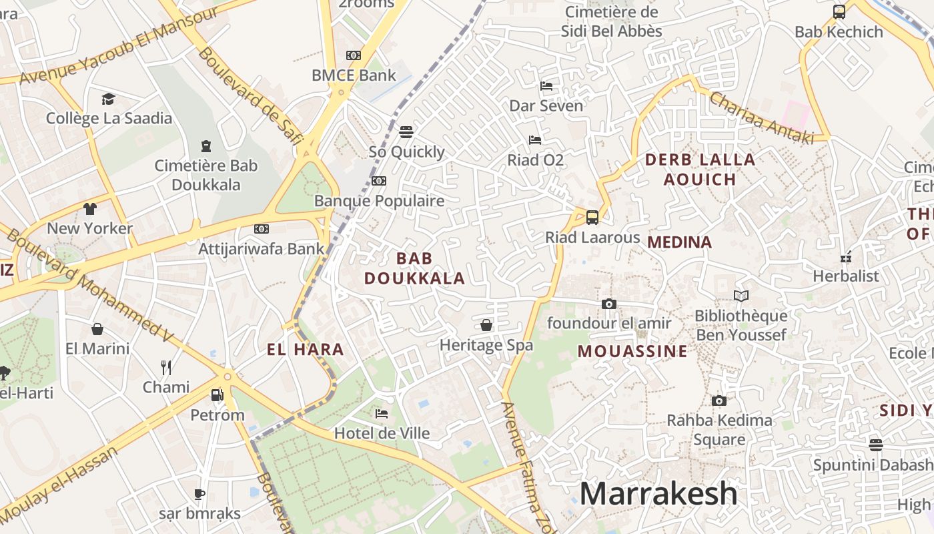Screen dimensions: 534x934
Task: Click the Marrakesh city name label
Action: click(658, 494)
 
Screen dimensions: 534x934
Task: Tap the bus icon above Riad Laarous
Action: click(592, 217)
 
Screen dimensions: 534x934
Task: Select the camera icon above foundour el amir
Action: click(608, 304)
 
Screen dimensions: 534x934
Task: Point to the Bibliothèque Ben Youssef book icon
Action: click(741, 296)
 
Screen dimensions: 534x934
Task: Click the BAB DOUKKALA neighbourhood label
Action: click(414, 268)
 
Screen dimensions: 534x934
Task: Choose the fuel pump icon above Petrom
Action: click(217, 395)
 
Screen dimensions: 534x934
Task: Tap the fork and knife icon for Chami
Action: click(166, 367)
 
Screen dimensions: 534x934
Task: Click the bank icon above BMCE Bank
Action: click(354, 55)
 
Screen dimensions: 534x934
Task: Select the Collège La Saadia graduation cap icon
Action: click(109, 99)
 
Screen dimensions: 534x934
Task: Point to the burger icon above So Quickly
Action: click(406, 132)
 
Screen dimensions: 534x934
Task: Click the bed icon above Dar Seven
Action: click(546, 86)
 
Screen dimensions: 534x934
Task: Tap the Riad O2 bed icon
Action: click(535, 140)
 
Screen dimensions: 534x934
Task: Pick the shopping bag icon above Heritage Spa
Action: click(486, 325)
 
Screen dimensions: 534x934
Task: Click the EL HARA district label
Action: click(306, 349)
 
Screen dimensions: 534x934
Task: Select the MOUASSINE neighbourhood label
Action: click(632, 351)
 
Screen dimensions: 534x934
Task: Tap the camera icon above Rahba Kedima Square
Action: click(719, 400)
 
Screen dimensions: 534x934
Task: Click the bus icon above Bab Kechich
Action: click(839, 12)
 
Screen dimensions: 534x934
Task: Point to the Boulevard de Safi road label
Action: click(250, 94)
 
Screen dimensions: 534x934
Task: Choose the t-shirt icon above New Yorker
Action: click(90, 209)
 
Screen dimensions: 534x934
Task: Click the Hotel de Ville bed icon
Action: click(382, 414)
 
